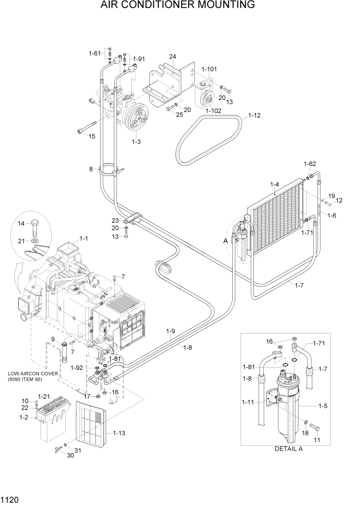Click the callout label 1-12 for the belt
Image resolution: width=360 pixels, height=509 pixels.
pyautogui.click(x=254, y=115)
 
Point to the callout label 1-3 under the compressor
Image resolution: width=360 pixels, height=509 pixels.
pyautogui.click(x=136, y=141)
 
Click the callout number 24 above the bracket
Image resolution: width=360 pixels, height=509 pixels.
pyautogui.click(x=172, y=56)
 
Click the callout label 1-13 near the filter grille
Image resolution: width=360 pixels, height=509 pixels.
pyautogui.click(x=119, y=433)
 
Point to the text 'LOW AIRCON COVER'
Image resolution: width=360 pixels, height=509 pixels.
pyautogui.click(x=32, y=373)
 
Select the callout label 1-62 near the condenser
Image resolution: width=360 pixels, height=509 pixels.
pyautogui.click(x=309, y=164)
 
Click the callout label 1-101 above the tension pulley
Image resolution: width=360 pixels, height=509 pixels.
pyautogui.click(x=209, y=69)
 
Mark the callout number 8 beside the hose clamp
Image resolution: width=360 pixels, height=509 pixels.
pyautogui.click(x=91, y=169)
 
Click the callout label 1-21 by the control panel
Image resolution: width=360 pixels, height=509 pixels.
pyautogui.click(x=45, y=397)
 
